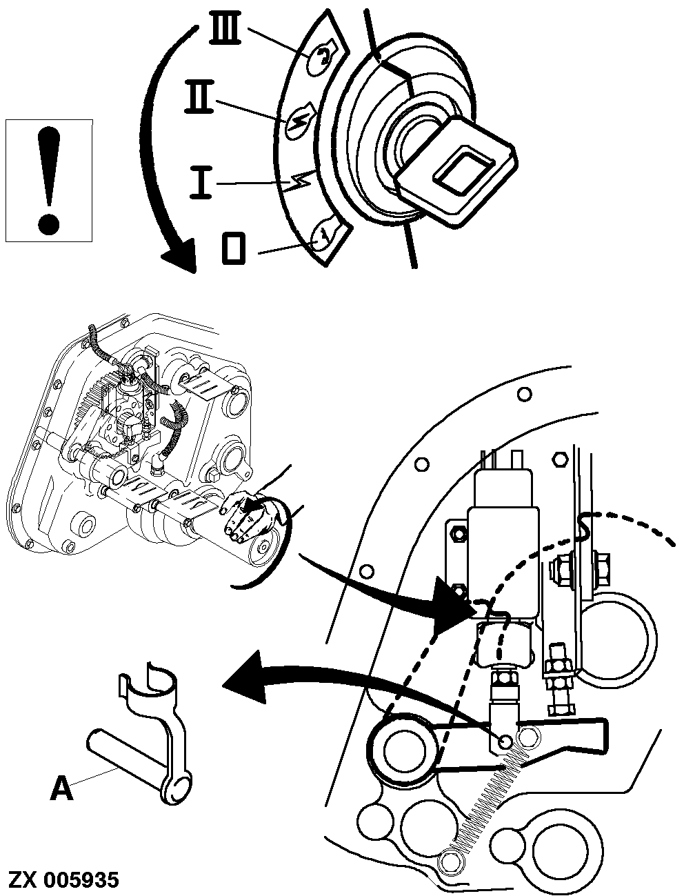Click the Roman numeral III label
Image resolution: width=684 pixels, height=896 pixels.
click(228, 32)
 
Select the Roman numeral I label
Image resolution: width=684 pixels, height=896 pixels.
click(201, 185)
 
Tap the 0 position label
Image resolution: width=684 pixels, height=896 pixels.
click(234, 248)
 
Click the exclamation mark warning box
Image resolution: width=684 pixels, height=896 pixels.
click(48, 181)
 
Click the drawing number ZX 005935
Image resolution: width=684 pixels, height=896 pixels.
click(63, 880)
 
